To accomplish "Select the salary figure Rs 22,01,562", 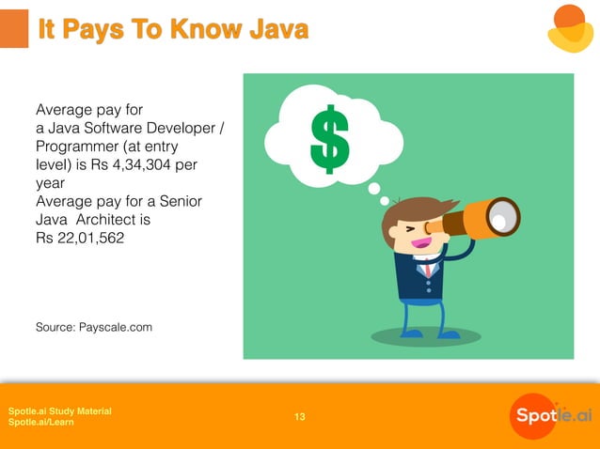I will (80, 240).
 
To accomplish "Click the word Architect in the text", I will (114, 221).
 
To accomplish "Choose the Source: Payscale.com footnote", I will (94, 327).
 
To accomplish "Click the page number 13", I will (300, 417).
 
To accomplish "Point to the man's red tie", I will (428, 269).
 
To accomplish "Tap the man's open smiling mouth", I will (419, 244).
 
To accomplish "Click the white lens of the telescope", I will (504, 219).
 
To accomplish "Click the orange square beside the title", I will (13, 29).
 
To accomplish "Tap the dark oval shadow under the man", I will (426, 335).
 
